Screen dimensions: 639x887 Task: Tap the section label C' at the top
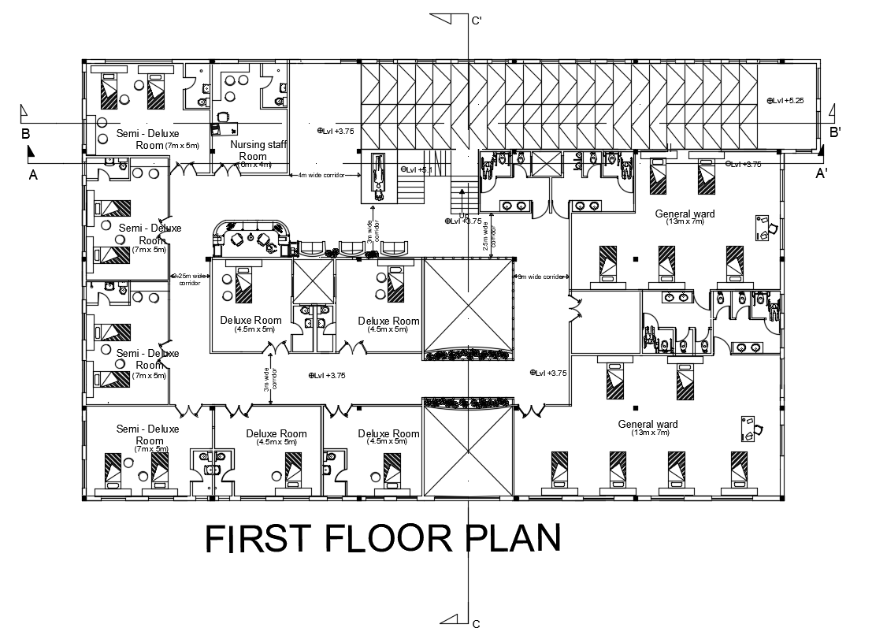(477, 21)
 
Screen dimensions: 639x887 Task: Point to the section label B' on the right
(836, 132)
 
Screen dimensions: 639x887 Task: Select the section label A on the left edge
(33, 175)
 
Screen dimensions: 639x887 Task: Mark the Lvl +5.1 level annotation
(418, 169)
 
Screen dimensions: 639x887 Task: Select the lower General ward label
(648, 424)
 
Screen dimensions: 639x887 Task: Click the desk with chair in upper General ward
(764, 228)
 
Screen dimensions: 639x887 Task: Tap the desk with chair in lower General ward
(751, 428)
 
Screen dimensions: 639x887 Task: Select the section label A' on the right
(821, 173)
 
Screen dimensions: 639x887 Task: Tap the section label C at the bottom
(476, 624)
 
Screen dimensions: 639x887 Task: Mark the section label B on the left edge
(25, 133)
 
